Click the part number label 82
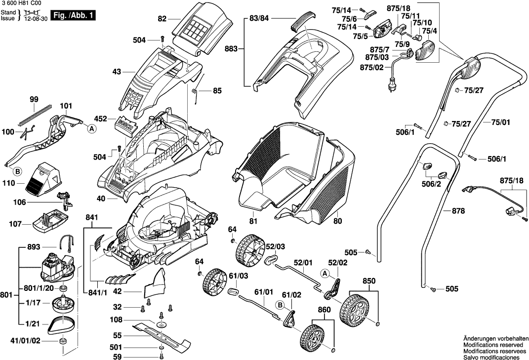162,19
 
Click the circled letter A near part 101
91,128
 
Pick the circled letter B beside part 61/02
280,306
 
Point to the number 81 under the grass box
253,221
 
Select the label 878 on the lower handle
459,211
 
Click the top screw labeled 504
162,40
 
